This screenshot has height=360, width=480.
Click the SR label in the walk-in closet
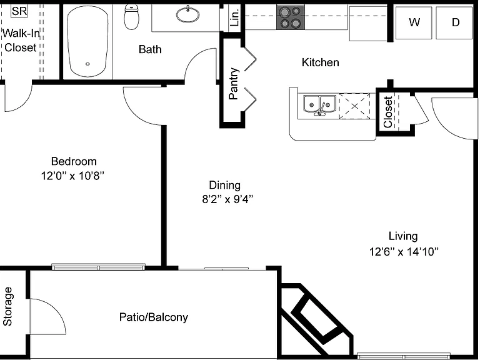(19, 11)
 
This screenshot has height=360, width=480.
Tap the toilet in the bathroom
(132, 17)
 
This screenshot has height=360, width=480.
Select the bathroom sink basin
(188, 14)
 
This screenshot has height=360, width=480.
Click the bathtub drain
(87, 64)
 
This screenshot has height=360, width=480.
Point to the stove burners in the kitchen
(291, 17)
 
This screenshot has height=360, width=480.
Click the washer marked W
(414, 22)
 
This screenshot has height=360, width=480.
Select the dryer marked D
(454, 22)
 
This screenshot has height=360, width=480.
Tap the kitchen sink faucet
(321, 109)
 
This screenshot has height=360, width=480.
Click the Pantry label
(234, 83)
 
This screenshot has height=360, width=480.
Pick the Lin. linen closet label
(234, 17)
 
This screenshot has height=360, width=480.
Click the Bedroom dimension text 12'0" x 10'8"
(72, 176)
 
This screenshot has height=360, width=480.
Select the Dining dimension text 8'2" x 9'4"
(227, 199)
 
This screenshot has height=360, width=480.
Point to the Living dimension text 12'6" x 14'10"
(404, 252)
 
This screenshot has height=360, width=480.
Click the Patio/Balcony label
(154, 317)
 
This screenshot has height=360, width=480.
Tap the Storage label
(7, 306)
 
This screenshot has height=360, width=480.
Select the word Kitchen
(320, 62)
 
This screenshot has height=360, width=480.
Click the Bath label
(150, 49)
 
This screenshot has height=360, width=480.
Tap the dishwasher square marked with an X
(354, 106)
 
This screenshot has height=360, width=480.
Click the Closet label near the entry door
(388, 112)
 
